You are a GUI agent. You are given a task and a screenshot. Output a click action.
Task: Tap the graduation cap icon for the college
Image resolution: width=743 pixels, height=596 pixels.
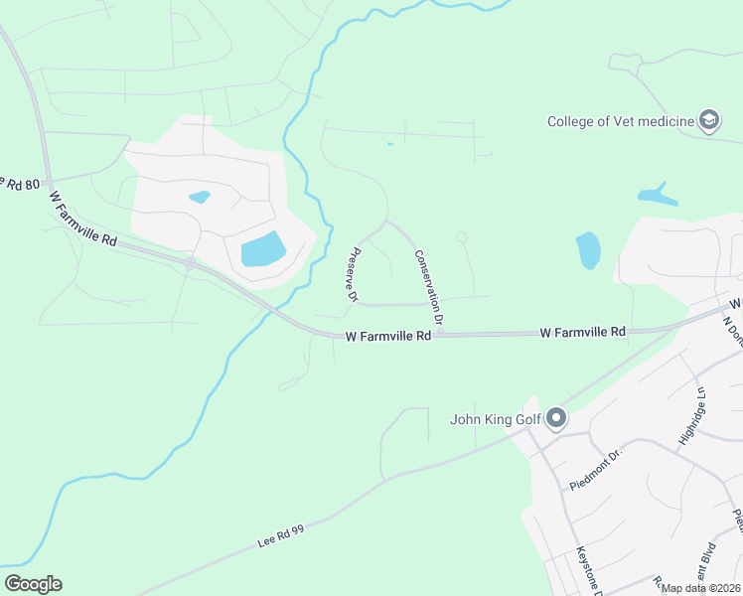pyautogui.click(x=709, y=121)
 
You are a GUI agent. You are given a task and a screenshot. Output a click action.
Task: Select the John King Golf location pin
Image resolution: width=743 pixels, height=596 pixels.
pyautogui.click(x=556, y=418)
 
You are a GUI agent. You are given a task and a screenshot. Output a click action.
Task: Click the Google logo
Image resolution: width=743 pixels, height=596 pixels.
pyautogui.click(x=33, y=584)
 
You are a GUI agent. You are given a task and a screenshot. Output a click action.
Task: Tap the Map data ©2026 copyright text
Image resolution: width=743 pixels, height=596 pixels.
pyautogui.click(x=700, y=588)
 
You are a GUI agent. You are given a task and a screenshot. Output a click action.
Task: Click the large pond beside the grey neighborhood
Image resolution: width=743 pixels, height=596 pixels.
pyautogui.click(x=263, y=248)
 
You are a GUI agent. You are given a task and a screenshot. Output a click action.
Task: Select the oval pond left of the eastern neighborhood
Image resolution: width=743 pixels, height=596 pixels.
pyautogui.click(x=588, y=250)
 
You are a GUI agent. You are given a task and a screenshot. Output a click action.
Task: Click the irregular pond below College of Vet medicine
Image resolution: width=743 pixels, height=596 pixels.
pyautogui.click(x=657, y=195)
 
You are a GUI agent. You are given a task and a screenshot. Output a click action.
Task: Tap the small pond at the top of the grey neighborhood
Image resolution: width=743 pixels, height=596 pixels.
pyautogui.click(x=199, y=197)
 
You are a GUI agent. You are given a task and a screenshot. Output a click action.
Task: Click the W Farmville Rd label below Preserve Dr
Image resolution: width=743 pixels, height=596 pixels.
pyautogui.click(x=388, y=337)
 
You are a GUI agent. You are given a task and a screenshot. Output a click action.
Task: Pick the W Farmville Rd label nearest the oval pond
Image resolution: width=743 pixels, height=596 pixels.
pyautogui.click(x=583, y=332)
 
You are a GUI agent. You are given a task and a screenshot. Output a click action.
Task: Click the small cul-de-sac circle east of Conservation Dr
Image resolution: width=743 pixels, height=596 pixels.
pyautogui.click(x=461, y=236)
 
